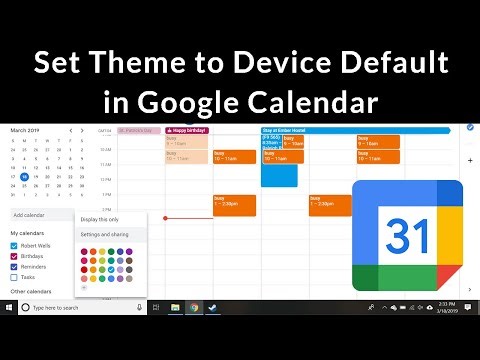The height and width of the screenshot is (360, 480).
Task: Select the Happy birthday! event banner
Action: click(x=186, y=130)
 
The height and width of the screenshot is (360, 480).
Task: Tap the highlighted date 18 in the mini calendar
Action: click(x=24, y=175)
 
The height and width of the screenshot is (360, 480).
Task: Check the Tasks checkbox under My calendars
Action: click(x=15, y=277)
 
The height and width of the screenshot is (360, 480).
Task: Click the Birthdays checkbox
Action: click(x=15, y=255)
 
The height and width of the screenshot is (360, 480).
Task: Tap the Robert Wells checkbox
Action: click(x=15, y=244)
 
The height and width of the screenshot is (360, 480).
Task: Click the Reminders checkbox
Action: click(x=15, y=266)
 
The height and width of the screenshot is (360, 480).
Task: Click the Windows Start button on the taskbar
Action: click(x=9, y=307)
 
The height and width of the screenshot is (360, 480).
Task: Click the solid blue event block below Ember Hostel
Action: click(x=279, y=174)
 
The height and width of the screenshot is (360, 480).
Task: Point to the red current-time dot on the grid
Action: click(x=165, y=218)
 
